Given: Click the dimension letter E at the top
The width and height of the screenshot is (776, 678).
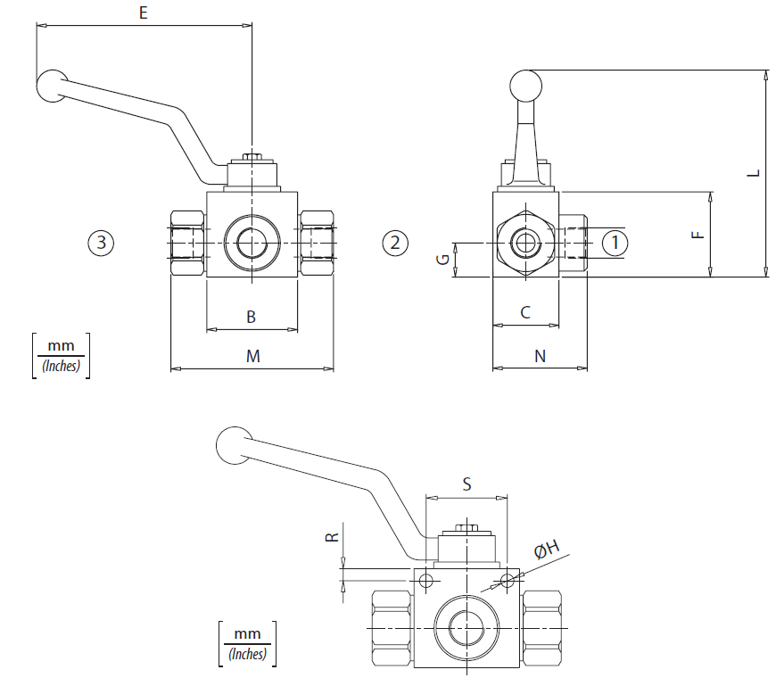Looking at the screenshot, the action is point(143,12).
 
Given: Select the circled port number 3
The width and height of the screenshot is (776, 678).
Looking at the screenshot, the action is point(101,243).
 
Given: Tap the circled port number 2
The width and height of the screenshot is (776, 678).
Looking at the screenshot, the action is point(395,243).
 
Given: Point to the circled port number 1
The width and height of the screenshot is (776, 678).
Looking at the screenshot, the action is point(615,243).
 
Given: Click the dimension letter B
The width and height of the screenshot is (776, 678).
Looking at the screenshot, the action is point(251,317).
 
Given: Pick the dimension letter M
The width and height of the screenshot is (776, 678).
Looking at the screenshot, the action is point(253,356).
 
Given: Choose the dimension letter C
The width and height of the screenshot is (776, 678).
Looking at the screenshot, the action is point(525,312).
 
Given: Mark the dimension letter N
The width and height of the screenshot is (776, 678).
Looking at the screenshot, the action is point(540,356).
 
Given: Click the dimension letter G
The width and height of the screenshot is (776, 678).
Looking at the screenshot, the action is point(443,259).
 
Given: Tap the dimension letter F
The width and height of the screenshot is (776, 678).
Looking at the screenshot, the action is point(698,235).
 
